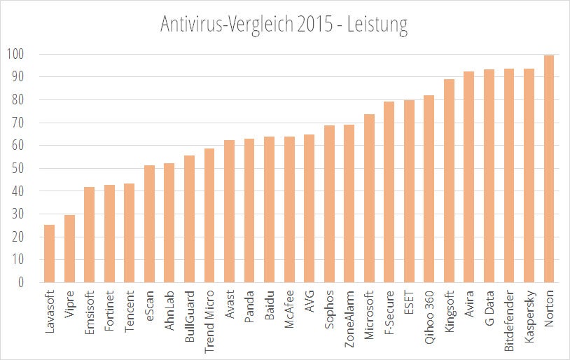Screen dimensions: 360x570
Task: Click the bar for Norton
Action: [549, 169]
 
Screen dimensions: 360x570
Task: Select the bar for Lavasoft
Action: [49, 254]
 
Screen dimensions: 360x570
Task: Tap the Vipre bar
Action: [69, 249]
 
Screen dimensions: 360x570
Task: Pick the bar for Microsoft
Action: [369, 198]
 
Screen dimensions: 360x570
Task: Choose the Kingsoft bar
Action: [449, 181]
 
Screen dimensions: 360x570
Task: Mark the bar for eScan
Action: [149, 224]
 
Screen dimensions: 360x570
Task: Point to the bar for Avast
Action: [229, 212]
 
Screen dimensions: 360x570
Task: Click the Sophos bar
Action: [329, 204]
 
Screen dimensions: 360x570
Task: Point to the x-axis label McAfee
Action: [289, 312]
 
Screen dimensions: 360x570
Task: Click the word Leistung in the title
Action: [375, 26]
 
